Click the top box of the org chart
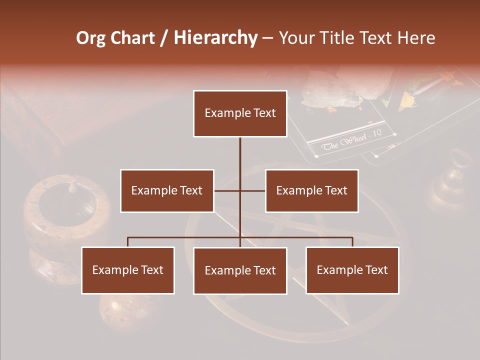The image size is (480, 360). coord(240,113)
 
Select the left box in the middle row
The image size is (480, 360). coord(167,190)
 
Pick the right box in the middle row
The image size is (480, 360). coord(311,190)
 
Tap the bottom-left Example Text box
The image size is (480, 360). coord(128,270)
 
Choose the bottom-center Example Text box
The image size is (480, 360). coord(240,270)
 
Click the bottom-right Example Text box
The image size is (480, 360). coord(352,270)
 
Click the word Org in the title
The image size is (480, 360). coord(90,38)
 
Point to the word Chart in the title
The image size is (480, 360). coord(132,38)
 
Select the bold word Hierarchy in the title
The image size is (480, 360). coord(215,38)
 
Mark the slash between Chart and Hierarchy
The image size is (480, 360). coord(164,38)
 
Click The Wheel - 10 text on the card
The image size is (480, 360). coord(351,140)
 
